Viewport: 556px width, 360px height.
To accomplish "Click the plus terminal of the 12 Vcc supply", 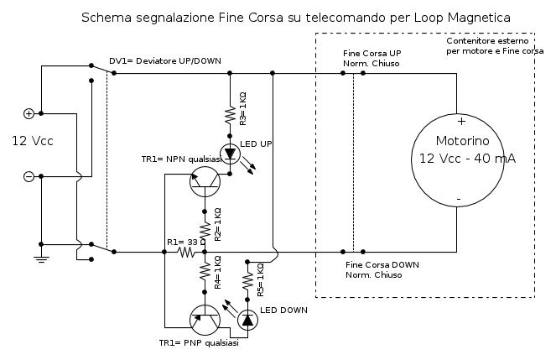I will coord(29,113).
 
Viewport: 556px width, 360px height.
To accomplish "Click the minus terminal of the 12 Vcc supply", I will coord(29,176).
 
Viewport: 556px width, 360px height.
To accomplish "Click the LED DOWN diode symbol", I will coord(247,320).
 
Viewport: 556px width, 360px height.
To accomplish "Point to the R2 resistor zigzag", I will coord(205,227).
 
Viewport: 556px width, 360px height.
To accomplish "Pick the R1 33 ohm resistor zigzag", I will coord(186,251).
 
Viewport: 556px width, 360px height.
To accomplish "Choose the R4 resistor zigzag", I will coord(205,274).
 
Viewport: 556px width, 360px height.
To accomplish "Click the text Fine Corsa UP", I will coord(372,53).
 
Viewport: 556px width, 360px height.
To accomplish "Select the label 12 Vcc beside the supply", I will coord(32,141).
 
